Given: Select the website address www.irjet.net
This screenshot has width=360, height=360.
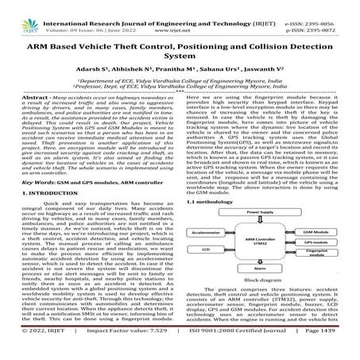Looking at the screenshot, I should click(x=182, y=16).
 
